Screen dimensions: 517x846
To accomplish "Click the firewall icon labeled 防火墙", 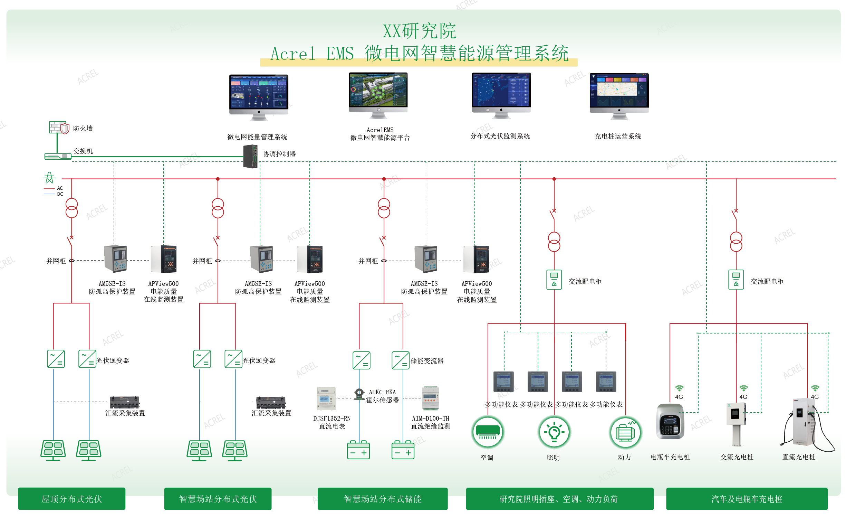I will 59,127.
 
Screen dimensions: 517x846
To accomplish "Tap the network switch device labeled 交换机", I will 58,156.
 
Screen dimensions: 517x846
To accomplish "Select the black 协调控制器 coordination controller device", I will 250,157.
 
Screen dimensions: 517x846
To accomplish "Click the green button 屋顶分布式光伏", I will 72,499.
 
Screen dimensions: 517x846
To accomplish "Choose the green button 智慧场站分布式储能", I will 383,499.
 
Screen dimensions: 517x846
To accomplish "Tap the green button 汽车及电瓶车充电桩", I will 747,499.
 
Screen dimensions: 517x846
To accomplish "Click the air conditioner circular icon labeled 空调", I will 488,432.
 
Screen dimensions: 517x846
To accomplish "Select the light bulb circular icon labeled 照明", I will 554,432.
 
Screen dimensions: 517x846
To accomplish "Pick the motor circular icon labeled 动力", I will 625,432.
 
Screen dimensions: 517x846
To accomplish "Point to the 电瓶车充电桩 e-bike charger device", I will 670,421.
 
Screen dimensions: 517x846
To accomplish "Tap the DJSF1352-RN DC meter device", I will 326,398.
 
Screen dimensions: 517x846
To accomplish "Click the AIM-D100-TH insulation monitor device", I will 430,398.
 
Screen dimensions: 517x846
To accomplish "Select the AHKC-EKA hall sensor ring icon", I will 359,394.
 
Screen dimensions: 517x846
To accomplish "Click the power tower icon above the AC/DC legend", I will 49,178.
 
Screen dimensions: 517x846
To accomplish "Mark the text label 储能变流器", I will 427,361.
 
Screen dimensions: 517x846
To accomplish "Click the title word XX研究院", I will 419,31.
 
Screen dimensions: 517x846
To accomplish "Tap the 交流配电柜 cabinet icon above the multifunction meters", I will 554,279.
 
